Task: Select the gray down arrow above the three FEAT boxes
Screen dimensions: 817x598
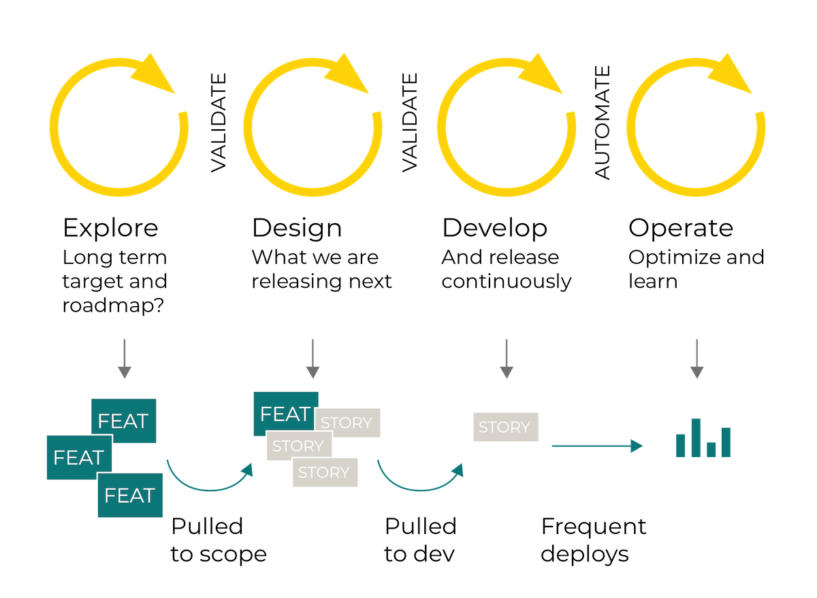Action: (x=124, y=359)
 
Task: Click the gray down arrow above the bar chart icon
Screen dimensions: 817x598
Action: (x=696, y=359)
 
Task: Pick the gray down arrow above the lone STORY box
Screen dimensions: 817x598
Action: (x=505, y=359)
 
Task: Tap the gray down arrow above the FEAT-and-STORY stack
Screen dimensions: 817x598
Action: (x=313, y=359)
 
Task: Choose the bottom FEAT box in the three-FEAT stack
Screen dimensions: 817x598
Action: (x=130, y=495)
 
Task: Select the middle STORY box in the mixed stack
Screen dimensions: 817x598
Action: (x=298, y=446)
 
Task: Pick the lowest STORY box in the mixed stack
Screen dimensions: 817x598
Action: (x=325, y=472)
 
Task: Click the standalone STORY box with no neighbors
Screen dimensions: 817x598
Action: (x=505, y=427)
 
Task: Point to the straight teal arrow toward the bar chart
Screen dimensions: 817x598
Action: (x=596, y=446)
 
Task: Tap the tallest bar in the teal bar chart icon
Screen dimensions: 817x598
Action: (x=696, y=437)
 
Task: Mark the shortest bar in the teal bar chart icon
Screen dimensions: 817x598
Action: (x=711, y=449)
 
